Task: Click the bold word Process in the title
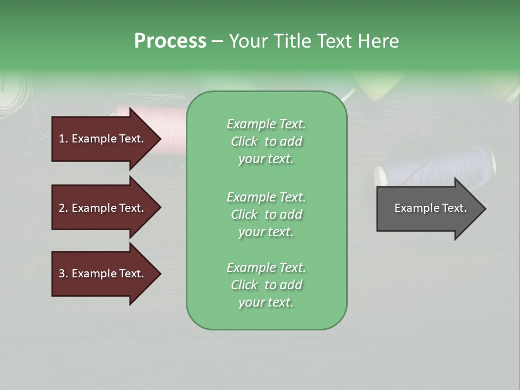pyautogui.click(x=170, y=41)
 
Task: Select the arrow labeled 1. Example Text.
pyautogui.click(x=103, y=139)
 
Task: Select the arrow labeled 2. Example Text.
pyautogui.click(x=103, y=208)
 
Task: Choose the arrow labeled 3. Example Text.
pyautogui.click(x=103, y=274)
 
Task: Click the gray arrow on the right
pyautogui.click(x=428, y=209)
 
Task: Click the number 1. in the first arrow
pyautogui.click(x=63, y=139)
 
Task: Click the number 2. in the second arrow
pyautogui.click(x=63, y=208)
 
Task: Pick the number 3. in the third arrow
pyautogui.click(x=63, y=274)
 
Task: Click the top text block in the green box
pyautogui.click(x=266, y=141)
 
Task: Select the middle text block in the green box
pyautogui.click(x=266, y=214)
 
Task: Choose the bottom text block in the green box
pyautogui.click(x=266, y=285)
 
